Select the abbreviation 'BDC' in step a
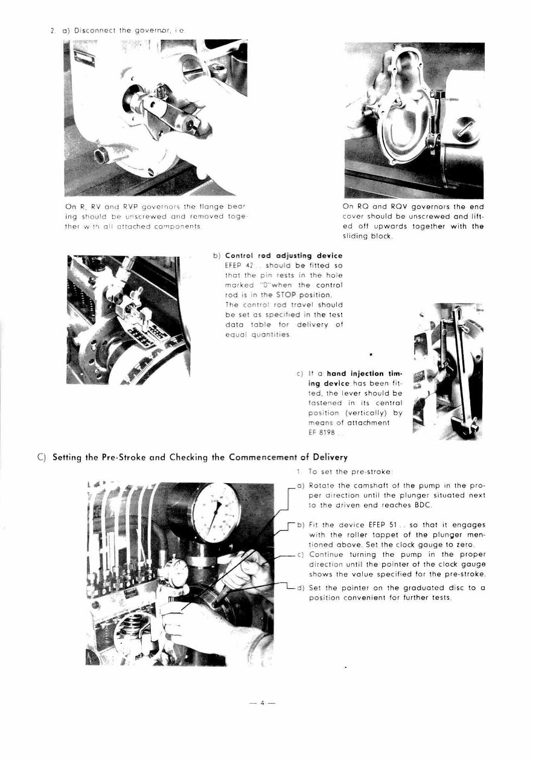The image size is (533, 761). [x=403, y=504]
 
